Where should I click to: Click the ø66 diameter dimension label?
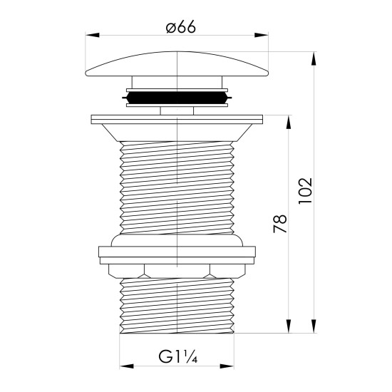tap(181, 27)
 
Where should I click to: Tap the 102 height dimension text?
tap(306, 191)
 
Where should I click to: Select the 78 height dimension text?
tap(280, 223)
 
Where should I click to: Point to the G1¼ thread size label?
tap(178, 356)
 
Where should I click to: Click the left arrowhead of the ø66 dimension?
tap(92, 35)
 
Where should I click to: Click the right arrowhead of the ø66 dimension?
tap(262, 35)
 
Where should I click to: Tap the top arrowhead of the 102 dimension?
tap(314, 58)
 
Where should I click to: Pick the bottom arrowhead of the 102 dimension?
tap(314, 326)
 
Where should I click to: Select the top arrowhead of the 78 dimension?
tap(289, 122)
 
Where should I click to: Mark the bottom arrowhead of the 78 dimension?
tap(289, 326)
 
